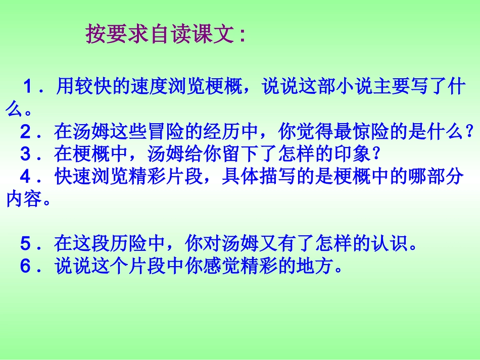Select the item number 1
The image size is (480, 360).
click(28, 87)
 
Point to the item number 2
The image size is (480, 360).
click(25, 132)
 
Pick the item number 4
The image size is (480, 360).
click(25, 176)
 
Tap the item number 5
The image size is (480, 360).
click(25, 244)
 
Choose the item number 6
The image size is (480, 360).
click(25, 266)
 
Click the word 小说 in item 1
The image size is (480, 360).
click(354, 87)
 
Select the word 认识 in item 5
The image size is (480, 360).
click(390, 244)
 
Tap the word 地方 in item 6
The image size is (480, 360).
click(316, 266)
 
